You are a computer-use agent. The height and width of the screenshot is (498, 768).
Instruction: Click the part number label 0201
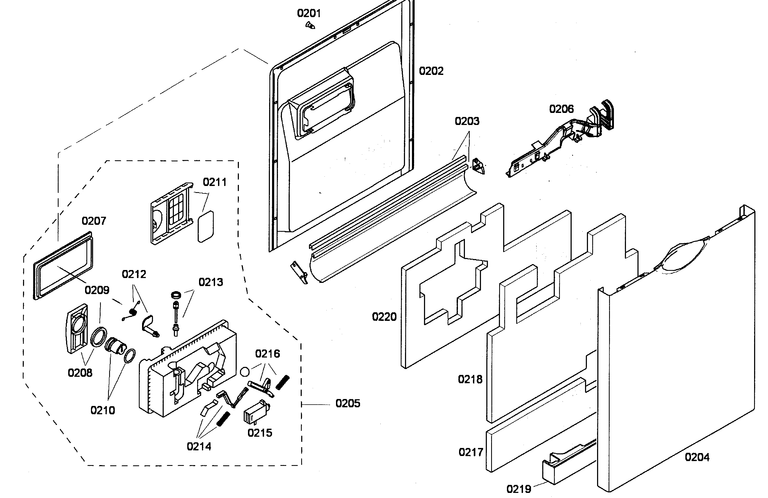(309, 13)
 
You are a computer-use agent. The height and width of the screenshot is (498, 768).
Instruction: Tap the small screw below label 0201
(310, 25)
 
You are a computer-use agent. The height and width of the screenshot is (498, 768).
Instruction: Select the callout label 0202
(431, 71)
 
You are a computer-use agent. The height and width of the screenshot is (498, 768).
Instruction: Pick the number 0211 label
(215, 182)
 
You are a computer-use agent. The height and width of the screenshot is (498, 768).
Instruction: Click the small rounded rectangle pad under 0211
(205, 227)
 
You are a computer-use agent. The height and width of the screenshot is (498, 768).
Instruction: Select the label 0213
(211, 282)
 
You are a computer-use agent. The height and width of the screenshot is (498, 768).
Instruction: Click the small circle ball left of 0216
(245, 372)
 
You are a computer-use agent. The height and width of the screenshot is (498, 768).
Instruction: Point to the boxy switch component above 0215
(257, 412)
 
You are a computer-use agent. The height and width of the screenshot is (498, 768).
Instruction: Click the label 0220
(384, 317)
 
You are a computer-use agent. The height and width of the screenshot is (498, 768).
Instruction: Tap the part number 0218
(470, 379)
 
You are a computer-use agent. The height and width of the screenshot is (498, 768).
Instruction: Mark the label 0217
(471, 453)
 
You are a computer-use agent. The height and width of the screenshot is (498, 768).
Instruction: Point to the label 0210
(103, 410)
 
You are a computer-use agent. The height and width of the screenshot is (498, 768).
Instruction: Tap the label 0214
(199, 447)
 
